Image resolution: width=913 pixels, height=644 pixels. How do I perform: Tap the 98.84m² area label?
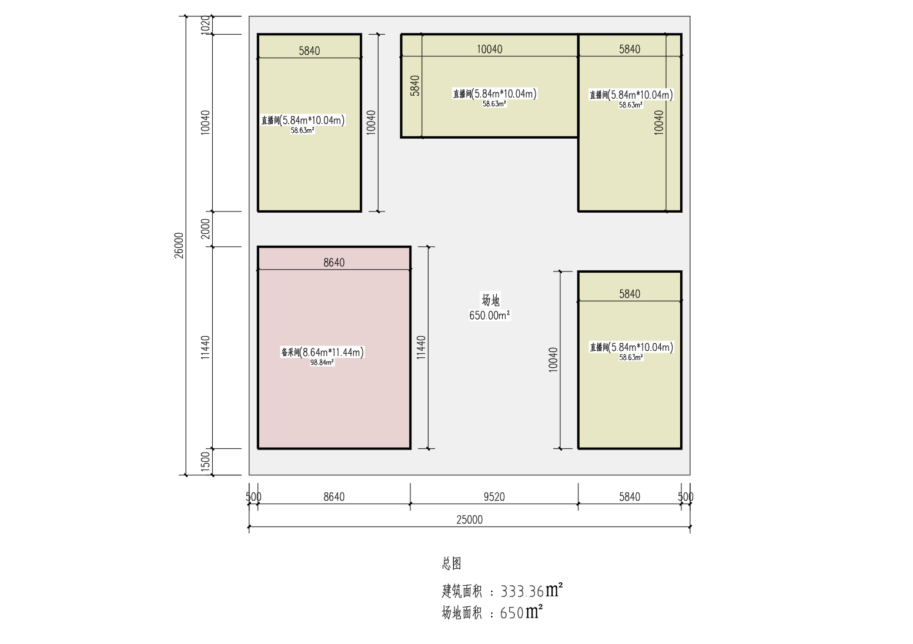click(322, 363)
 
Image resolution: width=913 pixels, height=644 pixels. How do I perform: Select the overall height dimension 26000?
click(179, 245)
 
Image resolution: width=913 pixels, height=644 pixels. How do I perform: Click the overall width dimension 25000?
click(469, 519)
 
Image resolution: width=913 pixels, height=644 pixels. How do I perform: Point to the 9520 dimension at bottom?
click(494, 497)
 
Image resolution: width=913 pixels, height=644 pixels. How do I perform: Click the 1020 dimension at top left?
click(205, 25)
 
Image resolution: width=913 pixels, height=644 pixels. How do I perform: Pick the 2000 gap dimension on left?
click(205, 229)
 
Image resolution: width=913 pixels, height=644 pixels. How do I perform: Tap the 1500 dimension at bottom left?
click(205, 461)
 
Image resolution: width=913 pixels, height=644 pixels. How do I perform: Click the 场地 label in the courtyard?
click(490, 300)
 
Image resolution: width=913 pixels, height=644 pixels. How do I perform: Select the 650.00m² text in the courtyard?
click(489, 316)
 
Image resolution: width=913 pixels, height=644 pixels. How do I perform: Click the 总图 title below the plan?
click(452, 563)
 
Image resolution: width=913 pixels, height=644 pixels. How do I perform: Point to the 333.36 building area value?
click(522, 591)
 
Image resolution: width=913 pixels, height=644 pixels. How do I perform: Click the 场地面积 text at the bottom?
click(461, 613)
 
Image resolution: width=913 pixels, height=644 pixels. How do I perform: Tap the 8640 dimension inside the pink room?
click(334, 263)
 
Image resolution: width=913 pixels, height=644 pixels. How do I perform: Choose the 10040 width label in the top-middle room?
click(489, 49)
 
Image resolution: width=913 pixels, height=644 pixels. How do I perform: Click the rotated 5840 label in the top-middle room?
click(415, 86)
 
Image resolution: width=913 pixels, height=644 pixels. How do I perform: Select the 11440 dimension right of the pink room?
click(421, 347)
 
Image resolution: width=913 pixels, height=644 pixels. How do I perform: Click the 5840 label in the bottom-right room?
click(629, 294)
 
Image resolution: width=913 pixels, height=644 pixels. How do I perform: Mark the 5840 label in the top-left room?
click(309, 51)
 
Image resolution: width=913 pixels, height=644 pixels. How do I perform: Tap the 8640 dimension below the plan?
click(334, 497)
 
